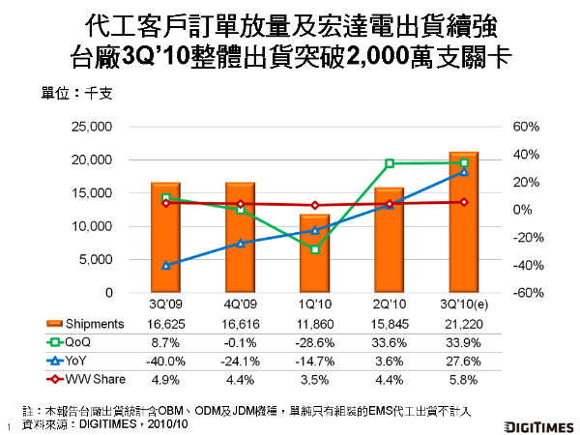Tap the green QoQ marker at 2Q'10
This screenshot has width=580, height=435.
(390, 163)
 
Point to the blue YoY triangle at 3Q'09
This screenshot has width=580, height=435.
(166, 265)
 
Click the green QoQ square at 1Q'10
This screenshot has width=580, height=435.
(315, 249)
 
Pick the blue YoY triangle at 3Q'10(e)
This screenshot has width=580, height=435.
(464, 171)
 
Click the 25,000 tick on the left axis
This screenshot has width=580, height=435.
(95, 127)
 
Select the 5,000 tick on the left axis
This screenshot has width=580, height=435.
(99, 259)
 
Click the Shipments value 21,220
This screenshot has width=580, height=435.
(464, 324)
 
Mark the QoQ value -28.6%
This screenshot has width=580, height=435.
(315, 339)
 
